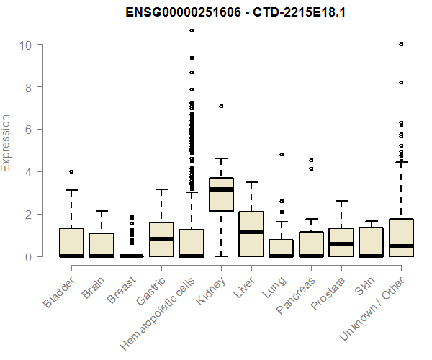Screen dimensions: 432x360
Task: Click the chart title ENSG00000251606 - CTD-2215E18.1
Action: [235, 12]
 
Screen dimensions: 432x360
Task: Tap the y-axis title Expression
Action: [6, 143]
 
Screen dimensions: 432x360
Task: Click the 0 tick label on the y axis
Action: [28, 257]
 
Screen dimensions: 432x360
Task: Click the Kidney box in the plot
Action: [221, 194]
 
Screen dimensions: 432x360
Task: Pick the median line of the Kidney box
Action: [221, 189]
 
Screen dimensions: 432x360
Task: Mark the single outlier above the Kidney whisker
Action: [221, 107]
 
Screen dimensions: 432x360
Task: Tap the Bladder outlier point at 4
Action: [71, 172]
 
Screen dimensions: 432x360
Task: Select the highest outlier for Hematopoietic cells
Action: [192, 30]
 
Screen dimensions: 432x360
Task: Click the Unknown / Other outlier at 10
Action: [402, 45]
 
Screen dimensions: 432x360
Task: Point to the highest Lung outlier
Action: [282, 155]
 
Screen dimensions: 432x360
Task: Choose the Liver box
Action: [251, 234]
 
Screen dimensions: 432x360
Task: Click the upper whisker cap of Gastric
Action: [161, 189]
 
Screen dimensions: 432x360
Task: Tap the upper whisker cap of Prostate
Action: [341, 201]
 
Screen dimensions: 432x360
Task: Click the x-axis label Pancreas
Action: [296, 295]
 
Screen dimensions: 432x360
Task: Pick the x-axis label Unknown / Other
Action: [372, 308]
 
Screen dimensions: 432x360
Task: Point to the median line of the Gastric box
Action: [161, 239]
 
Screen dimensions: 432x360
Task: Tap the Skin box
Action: [371, 243]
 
